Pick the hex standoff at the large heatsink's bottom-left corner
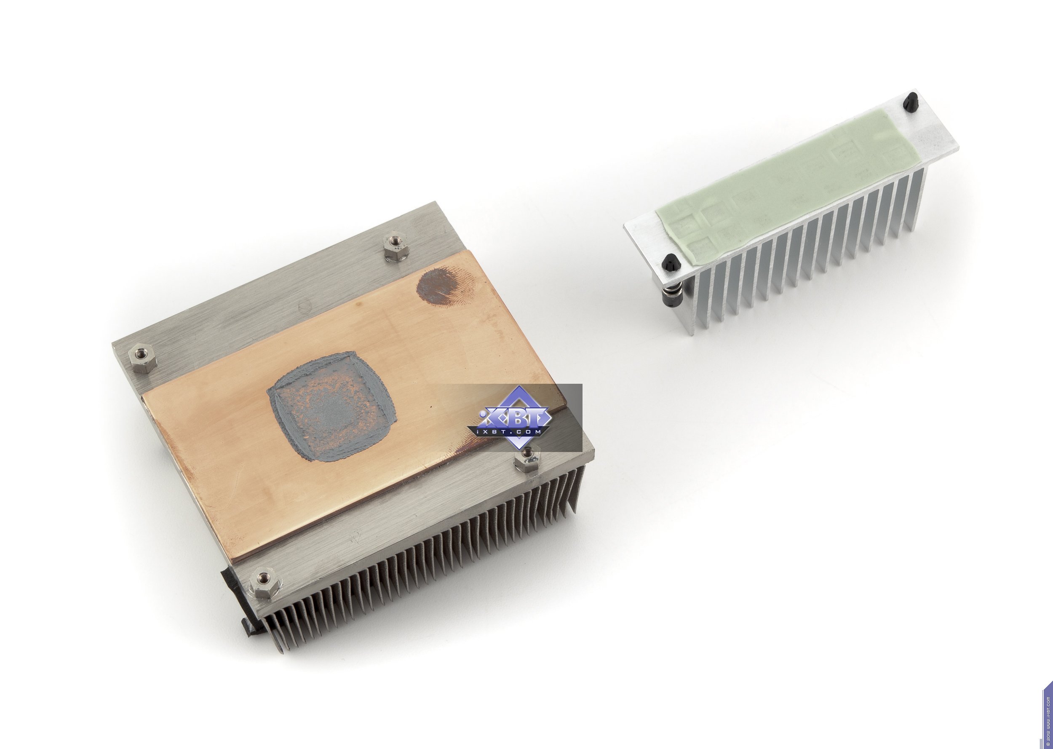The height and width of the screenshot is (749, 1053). [x=263, y=583]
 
